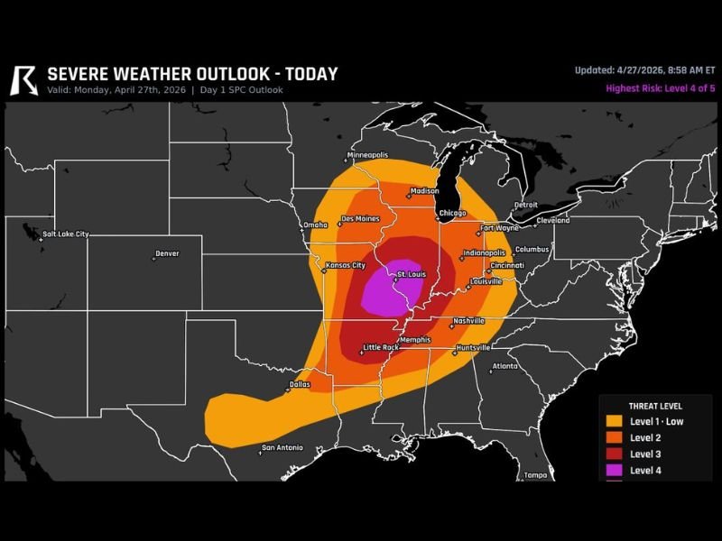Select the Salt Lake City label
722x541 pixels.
66,234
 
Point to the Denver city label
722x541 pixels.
167,254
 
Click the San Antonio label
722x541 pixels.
282,448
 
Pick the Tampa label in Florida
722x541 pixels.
536,474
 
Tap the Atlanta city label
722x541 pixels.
504,366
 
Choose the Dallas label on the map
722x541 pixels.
299,384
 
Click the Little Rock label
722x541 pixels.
379,347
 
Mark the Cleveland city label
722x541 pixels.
552,220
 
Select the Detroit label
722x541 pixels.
525,205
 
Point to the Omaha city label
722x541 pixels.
315,225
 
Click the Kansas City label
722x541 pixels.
345,265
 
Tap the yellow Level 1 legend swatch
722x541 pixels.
615,421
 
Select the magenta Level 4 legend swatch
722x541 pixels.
615,470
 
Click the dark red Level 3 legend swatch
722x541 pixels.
615,454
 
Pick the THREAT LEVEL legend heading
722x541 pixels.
655,407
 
